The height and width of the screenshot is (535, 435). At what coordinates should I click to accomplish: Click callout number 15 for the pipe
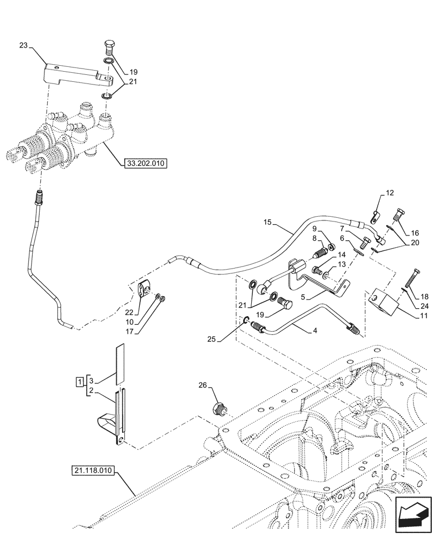(268, 221)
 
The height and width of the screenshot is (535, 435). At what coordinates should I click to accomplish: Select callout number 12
(389, 192)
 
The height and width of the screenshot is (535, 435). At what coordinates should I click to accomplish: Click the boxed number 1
(79, 382)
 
